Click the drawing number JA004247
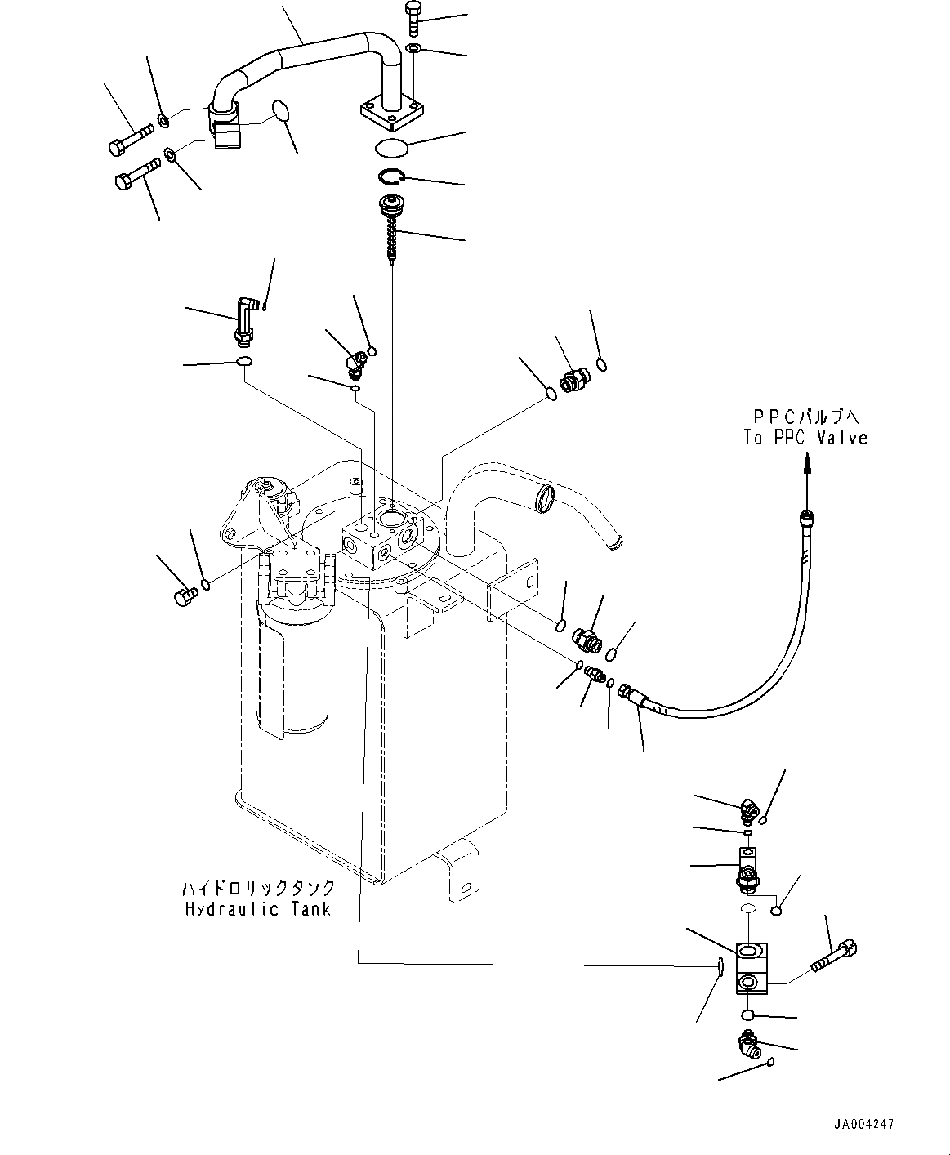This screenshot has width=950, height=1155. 863,1124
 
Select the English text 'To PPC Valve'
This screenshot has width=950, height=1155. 805,438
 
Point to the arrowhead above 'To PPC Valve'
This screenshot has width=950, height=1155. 808,463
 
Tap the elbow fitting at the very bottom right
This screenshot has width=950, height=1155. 747,1042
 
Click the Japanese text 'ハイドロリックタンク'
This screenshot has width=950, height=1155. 257,888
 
